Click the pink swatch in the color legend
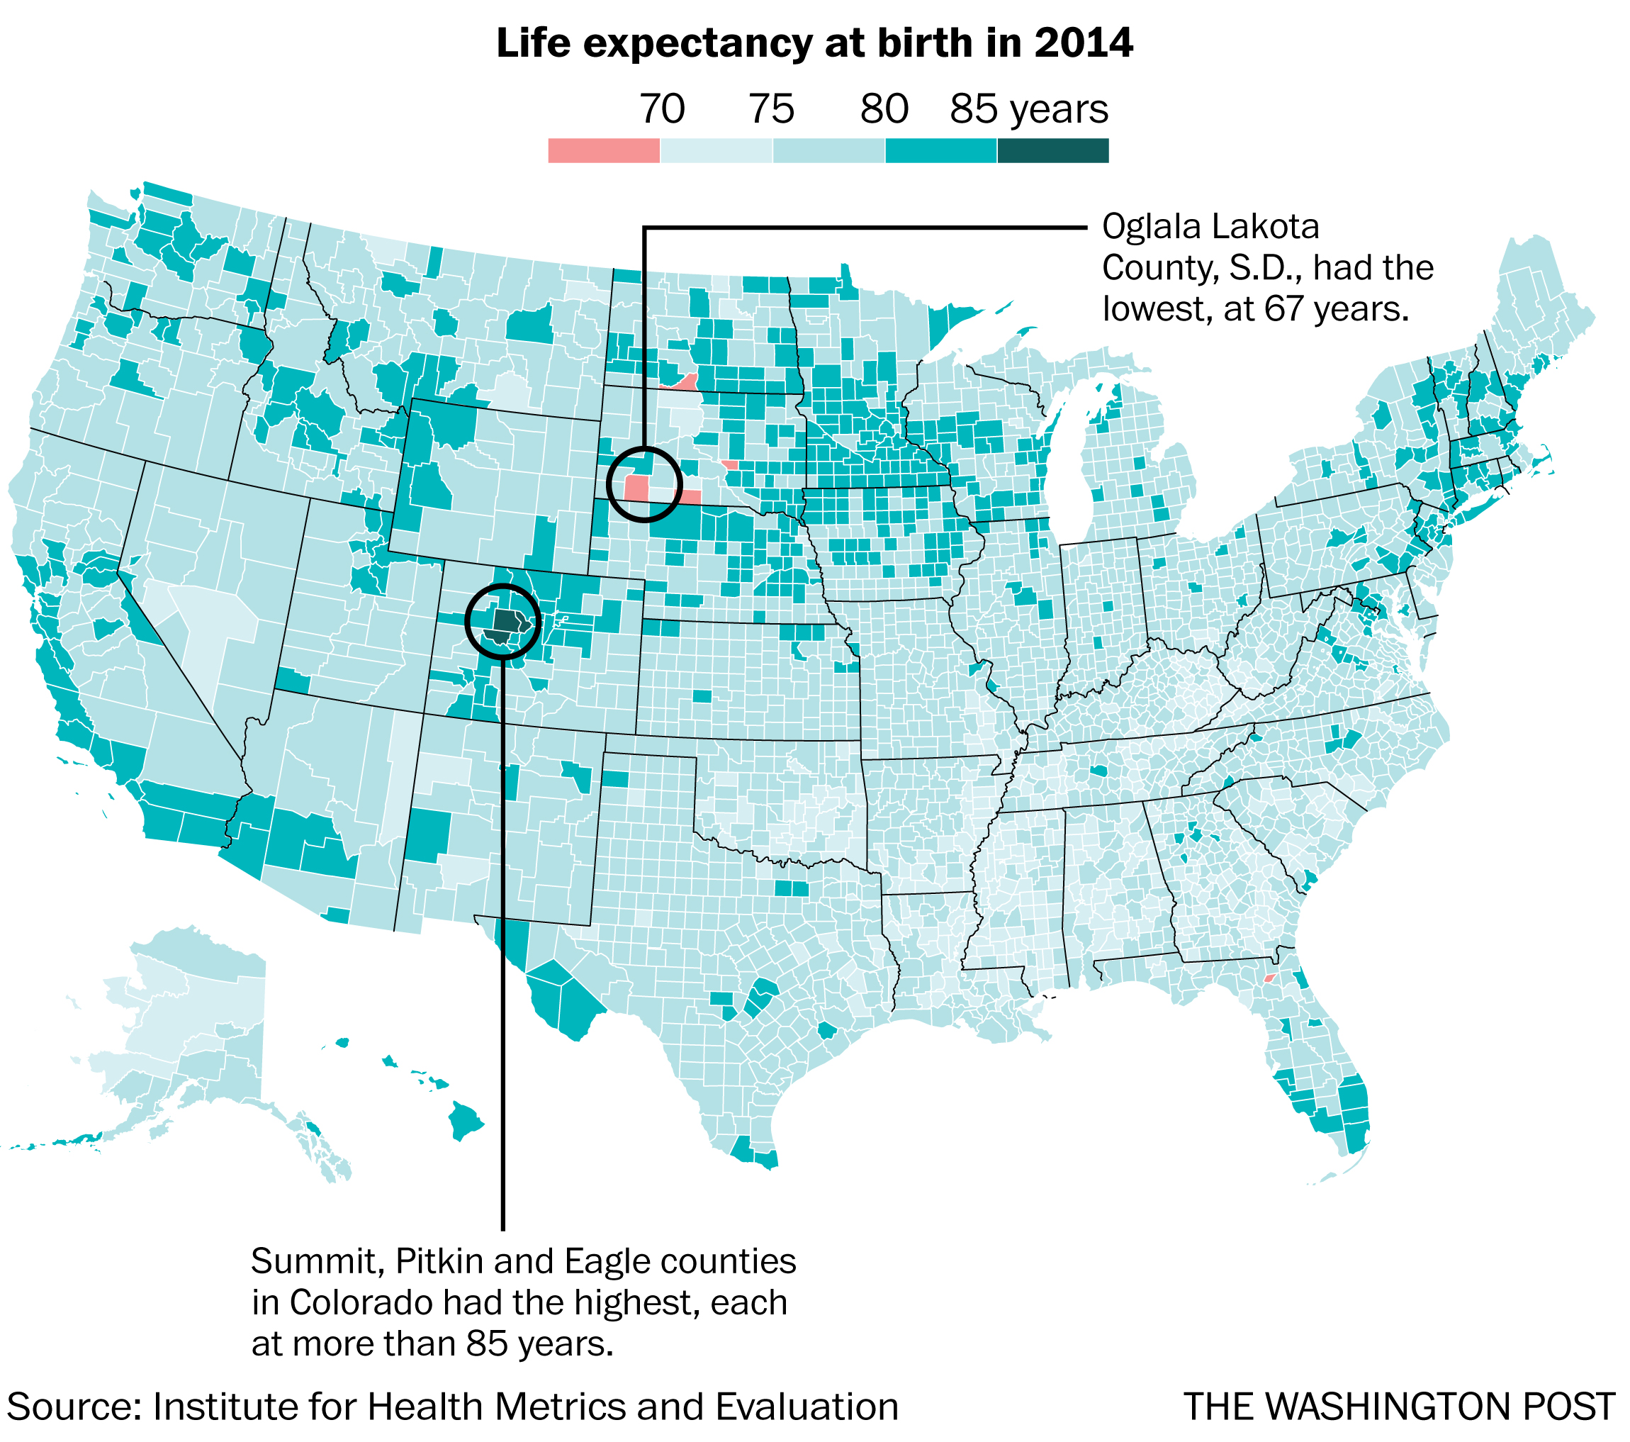tap(603, 151)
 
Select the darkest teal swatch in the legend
tap(1052, 151)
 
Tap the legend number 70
tap(661, 108)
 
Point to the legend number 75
tap(770, 108)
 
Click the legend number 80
tap(884, 108)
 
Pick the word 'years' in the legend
tap(1057, 110)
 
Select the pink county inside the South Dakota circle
tap(637, 488)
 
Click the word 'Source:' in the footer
tap(74, 1407)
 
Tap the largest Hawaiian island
tap(465, 1120)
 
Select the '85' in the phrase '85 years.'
tap(488, 1344)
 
